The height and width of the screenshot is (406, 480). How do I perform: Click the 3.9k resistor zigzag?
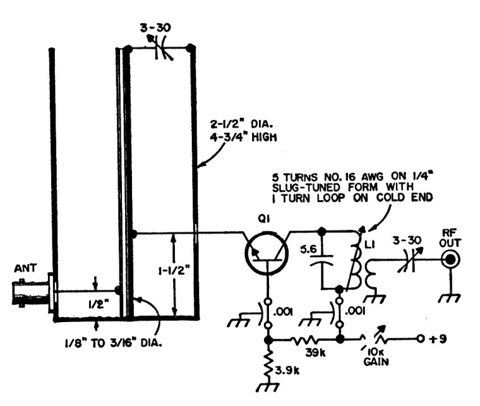click(x=268, y=364)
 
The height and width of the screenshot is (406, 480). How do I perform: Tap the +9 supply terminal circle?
click(x=420, y=339)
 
